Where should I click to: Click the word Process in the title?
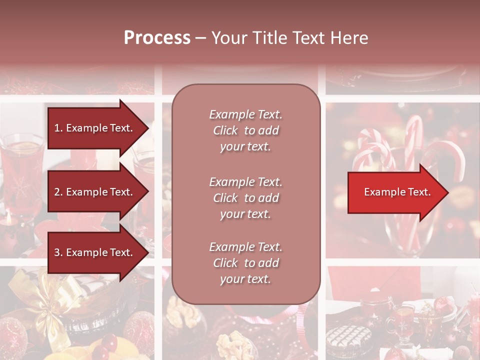[x=157, y=38]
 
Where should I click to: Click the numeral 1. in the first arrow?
[x=58, y=128]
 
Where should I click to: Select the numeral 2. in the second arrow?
[x=58, y=192]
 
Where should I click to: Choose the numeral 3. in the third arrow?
[x=58, y=252]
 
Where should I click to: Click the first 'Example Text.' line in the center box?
[x=245, y=114]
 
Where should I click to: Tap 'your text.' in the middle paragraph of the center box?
[x=245, y=214]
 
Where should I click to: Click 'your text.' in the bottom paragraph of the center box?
[x=245, y=279]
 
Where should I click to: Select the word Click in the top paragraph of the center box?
[x=225, y=130]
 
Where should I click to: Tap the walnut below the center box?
[x=180, y=312]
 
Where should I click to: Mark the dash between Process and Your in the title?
[x=201, y=38]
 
